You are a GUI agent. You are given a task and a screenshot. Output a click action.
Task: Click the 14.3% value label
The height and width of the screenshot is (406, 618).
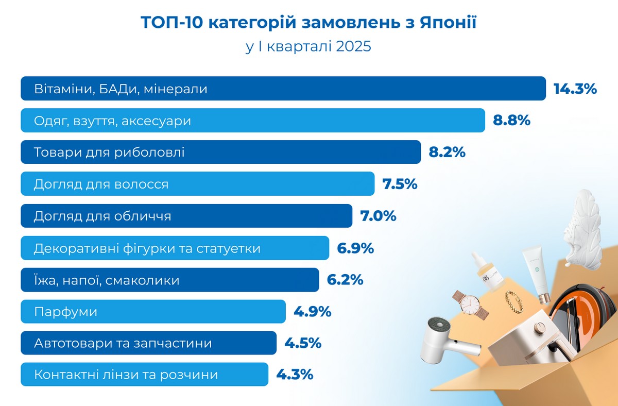tap(575, 89)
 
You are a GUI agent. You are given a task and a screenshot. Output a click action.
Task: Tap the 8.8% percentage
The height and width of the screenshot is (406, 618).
tap(511, 121)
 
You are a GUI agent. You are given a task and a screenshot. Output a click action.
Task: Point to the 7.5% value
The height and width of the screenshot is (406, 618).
tap(400, 184)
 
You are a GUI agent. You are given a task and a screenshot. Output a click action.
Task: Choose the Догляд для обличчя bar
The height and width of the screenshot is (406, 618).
tap(186, 216)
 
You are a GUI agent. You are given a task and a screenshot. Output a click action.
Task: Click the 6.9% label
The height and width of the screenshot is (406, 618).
tap(355, 248)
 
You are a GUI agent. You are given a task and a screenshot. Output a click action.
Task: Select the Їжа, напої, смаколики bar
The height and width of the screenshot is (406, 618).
tap(169, 280)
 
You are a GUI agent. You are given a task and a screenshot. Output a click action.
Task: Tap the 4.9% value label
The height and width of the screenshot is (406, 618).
tap(312, 312)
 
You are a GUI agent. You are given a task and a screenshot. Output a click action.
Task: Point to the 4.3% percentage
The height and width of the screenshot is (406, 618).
tap(295, 375)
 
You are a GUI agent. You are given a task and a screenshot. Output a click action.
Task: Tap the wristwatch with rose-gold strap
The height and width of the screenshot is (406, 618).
tap(470, 304)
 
